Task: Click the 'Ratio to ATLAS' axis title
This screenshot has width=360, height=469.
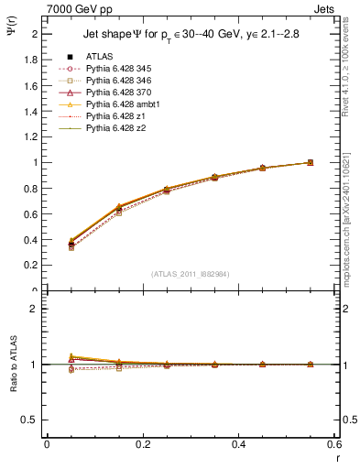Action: [x=14, y=365]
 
